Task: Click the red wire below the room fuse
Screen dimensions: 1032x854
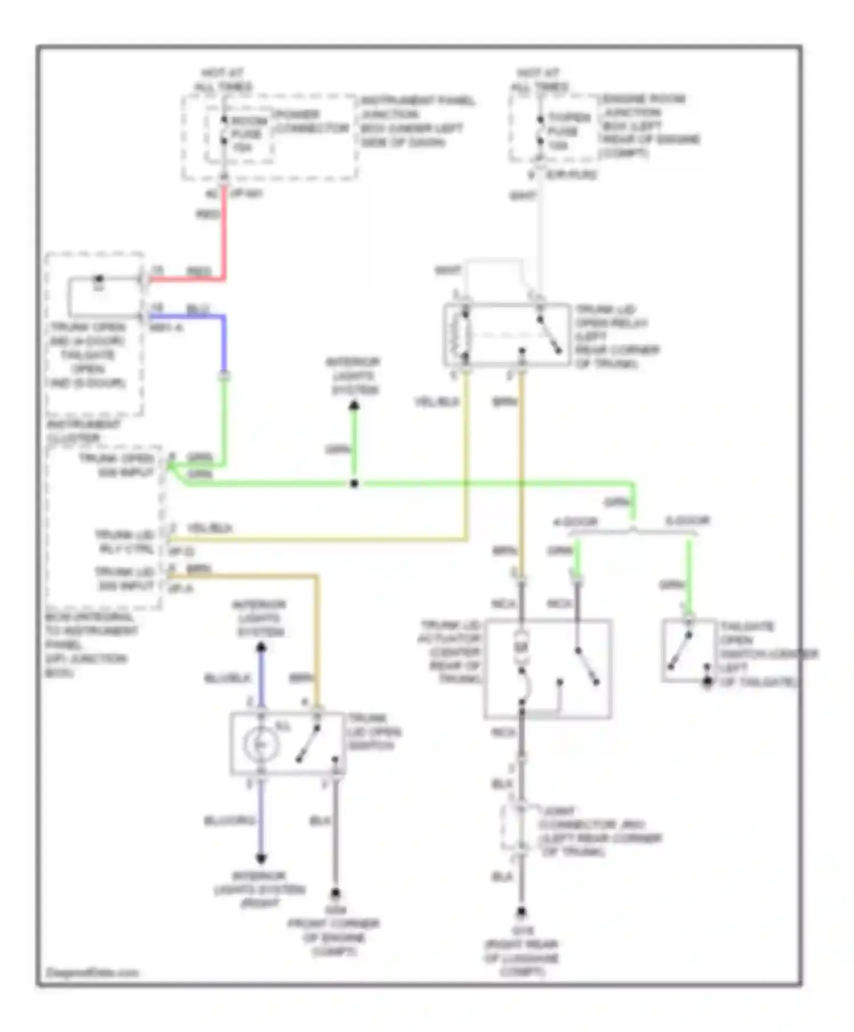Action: tap(225, 233)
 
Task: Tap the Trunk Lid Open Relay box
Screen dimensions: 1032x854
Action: tap(507, 335)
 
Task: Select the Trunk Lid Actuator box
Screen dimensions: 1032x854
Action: tap(548, 668)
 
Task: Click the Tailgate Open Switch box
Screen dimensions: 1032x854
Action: tap(689, 650)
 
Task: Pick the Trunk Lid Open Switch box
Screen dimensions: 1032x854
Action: tap(288, 743)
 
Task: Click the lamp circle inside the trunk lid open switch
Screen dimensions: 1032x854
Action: tap(261, 744)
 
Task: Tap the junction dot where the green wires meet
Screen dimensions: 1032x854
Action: tap(354, 484)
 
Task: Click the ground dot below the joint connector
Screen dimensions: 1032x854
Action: tap(521, 912)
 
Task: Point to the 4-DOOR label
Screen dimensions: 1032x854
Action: tap(576, 522)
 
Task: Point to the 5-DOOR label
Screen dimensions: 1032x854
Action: tap(687, 521)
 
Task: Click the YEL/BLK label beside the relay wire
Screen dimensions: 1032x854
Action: tap(437, 402)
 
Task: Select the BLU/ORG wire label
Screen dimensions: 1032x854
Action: tap(230, 820)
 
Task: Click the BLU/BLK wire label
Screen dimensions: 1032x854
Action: tap(228, 678)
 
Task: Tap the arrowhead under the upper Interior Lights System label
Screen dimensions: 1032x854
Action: tap(354, 406)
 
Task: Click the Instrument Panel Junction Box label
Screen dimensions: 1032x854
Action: tap(417, 121)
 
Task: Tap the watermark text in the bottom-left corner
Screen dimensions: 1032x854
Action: tap(92, 972)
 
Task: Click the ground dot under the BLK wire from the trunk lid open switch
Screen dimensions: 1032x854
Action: tap(335, 894)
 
